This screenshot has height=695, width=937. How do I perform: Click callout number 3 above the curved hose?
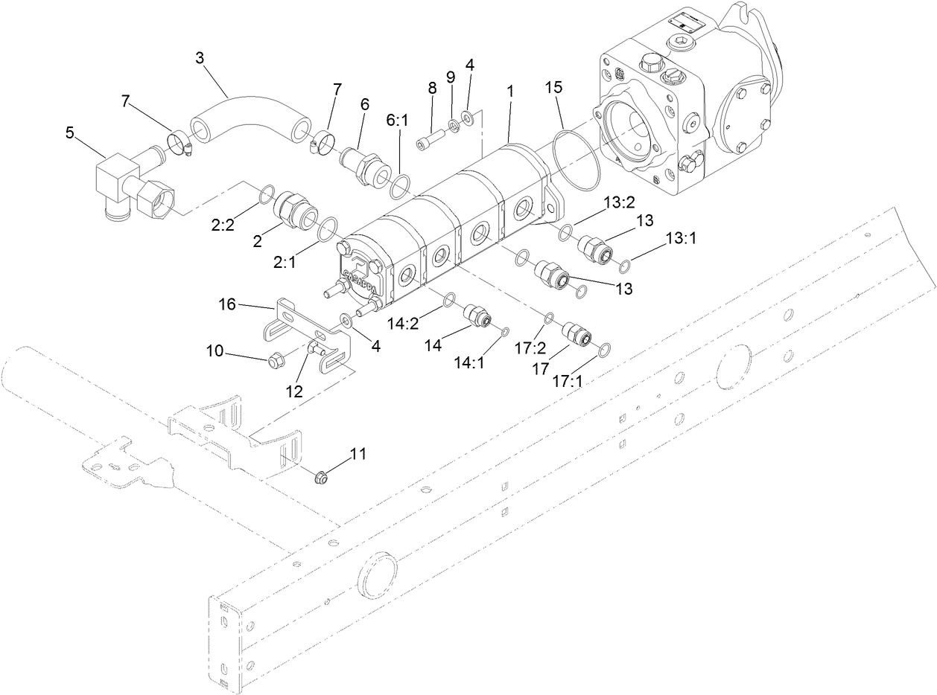click(x=200, y=58)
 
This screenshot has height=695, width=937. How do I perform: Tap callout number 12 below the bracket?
click(x=296, y=390)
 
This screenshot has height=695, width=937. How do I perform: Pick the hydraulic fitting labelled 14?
click(x=476, y=316)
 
